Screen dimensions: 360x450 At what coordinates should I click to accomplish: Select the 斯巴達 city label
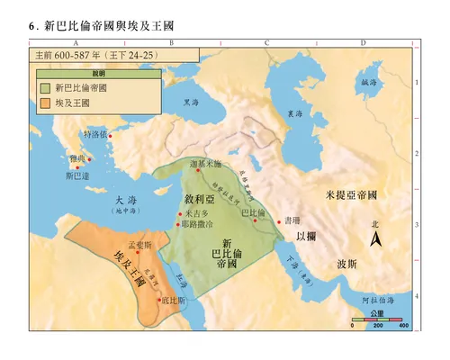pos(77,176)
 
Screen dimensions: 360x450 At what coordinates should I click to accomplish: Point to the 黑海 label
pos(190,103)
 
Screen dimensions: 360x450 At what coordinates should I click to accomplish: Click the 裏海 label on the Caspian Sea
pos(295,115)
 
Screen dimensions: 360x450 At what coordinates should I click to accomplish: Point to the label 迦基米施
pos(205,166)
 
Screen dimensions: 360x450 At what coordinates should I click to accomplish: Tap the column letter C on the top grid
pos(266,42)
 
